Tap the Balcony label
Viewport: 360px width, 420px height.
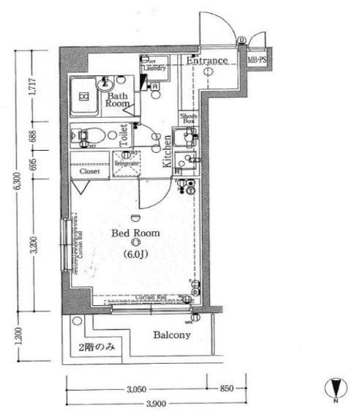[172, 336]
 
